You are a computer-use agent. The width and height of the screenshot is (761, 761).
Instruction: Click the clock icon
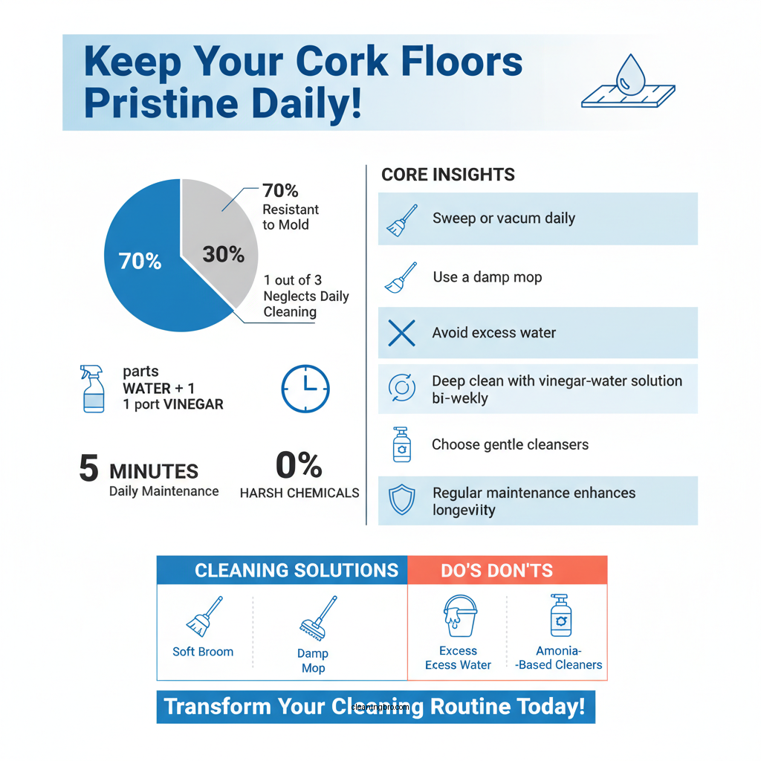coord(305,389)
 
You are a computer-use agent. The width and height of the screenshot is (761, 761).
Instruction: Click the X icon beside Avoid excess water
coord(402,334)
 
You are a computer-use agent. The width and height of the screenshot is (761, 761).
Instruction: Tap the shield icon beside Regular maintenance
coord(402,501)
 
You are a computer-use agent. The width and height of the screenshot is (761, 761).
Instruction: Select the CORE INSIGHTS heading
coord(448,175)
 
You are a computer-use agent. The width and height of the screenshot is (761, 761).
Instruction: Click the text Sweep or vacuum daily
coord(504,218)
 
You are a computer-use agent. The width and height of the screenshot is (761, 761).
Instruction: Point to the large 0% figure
coord(299,465)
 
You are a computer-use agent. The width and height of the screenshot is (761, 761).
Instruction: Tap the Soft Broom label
coord(203,652)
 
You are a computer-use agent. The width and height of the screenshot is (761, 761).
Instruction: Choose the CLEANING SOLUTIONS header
coord(296,571)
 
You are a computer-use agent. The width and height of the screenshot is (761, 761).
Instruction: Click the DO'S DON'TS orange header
coord(496,571)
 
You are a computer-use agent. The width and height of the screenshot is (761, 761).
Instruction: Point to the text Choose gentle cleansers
coord(510,445)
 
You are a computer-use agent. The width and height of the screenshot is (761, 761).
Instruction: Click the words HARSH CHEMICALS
coord(299,493)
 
